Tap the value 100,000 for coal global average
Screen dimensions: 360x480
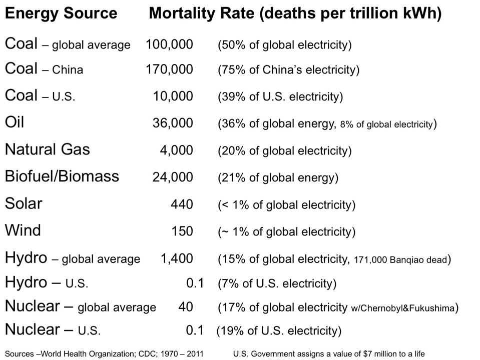coord(169,44)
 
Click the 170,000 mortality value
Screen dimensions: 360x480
coord(169,69)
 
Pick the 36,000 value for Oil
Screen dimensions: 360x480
coord(173,123)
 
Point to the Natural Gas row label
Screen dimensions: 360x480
coord(48,149)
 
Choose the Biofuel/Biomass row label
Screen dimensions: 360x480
coord(62,176)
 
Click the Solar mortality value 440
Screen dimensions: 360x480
coord(182,204)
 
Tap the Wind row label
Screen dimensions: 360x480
coord(23,230)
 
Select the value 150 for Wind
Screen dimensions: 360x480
coord(182,231)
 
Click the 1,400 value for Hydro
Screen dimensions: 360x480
coord(177,258)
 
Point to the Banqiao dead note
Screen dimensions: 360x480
coord(400,259)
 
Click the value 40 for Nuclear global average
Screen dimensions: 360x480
coord(186,306)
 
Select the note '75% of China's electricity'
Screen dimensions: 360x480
coord(288,69)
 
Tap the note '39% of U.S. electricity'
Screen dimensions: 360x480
coord(280,96)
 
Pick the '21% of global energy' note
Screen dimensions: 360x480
coord(278,177)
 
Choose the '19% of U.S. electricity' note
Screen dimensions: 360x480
coord(279,330)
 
